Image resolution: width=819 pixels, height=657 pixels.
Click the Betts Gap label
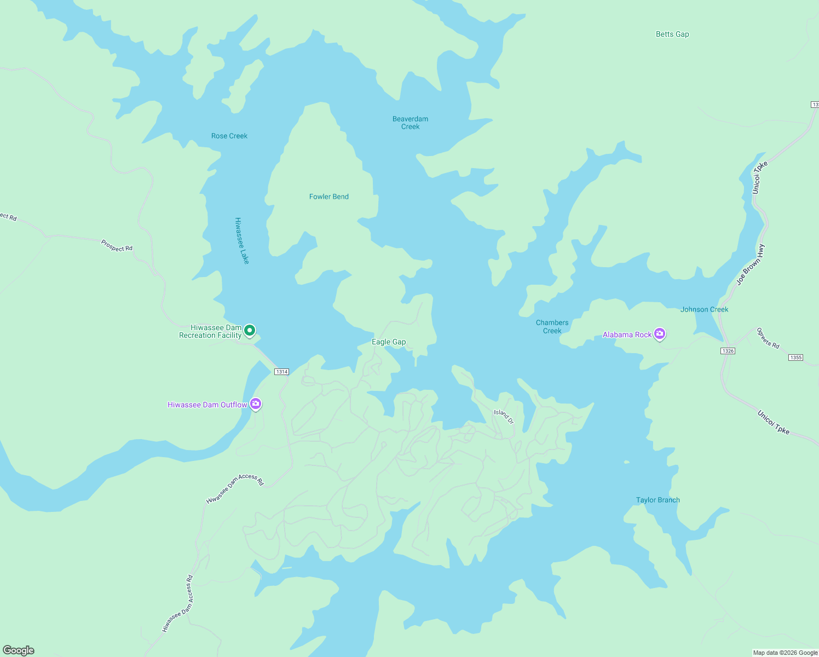coord(672,34)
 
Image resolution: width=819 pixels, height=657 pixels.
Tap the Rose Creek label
coord(229,136)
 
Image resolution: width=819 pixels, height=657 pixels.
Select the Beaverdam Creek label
coord(410,123)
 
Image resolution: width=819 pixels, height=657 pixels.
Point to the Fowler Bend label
coord(328,197)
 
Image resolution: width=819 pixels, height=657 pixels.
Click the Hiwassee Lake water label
coord(241,241)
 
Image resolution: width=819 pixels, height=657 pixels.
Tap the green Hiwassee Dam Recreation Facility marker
coord(250,330)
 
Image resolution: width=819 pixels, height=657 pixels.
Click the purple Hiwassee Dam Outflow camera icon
coord(256,404)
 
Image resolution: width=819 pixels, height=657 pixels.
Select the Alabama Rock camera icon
coord(660,333)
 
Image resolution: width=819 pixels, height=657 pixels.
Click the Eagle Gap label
coord(389,342)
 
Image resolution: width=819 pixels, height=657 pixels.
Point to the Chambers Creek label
coord(552,326)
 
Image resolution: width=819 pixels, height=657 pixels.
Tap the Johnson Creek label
coord(704,309)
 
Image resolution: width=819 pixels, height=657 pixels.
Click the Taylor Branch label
coord(657,500)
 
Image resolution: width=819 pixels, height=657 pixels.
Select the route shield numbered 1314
coord(281,372)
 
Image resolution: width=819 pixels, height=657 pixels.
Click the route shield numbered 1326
coord(728,351)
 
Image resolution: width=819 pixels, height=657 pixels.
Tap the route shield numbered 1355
coord(795,358)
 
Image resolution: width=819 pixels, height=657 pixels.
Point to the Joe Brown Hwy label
coord(750,264)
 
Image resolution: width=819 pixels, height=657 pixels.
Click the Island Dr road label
coord(504,416)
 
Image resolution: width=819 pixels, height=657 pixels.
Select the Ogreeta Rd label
coord(767,338)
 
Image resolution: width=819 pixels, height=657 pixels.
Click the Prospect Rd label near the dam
coord(117,245)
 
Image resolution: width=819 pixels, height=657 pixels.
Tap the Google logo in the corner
coord(19,650)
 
